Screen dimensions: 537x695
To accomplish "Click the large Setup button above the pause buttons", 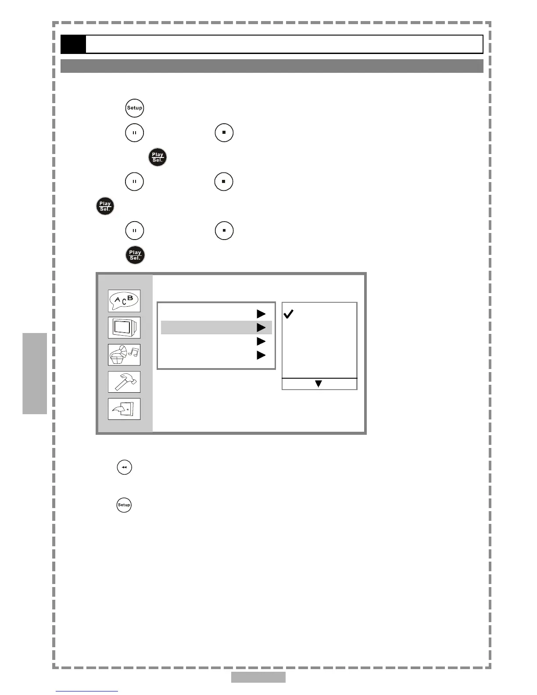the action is pos(135,108).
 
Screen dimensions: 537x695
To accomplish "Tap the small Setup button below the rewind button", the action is pos(124,505).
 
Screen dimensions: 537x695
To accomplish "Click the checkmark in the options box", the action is pos(288,314).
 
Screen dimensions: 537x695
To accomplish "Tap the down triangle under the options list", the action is pos(319,384).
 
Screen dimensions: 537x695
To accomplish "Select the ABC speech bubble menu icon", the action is pos(124,301).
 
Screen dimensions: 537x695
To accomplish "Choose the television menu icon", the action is pos(124,328).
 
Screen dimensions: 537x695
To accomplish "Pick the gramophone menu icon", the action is pos(124,355).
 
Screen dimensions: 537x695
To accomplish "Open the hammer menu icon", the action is pos(124,382).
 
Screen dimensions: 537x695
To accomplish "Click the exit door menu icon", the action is pos(124,409).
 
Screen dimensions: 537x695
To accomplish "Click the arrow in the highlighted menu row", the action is pos(261,328).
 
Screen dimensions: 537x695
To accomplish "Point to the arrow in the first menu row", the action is pos(261,314).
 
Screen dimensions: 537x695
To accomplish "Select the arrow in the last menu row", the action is pos(261,355).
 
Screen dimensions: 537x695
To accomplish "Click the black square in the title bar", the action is pos(73,44).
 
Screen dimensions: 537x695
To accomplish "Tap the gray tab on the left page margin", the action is pos(35,373).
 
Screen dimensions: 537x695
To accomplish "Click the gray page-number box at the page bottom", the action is pos(258,677).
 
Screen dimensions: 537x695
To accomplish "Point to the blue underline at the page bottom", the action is pos(87,691).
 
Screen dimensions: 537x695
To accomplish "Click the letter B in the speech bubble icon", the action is pos(130,298).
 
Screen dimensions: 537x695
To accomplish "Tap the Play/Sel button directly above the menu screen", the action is pos(135,255).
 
